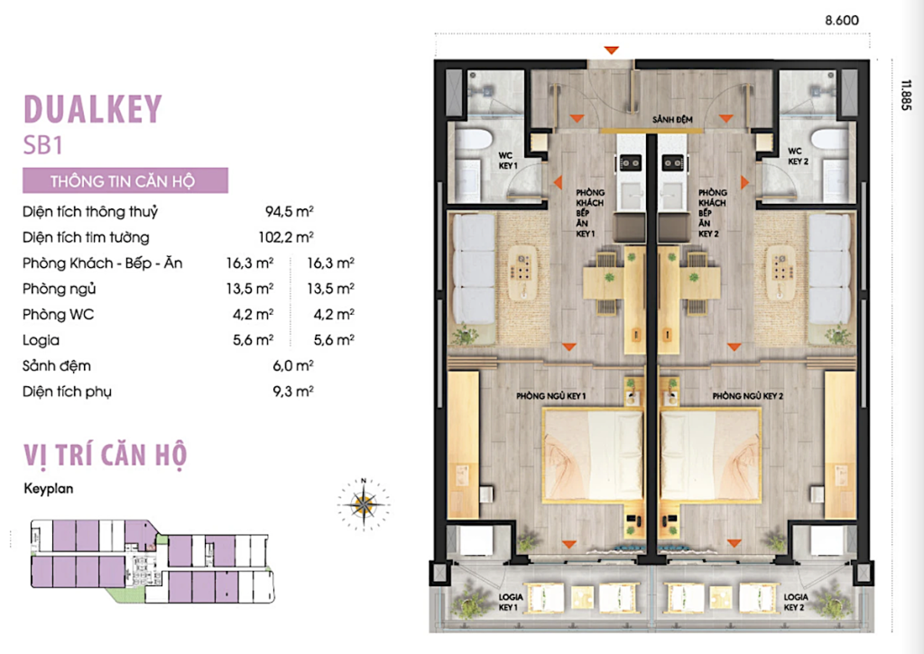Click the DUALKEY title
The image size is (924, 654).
[93, 109]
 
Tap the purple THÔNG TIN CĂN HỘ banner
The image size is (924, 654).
[125, 180]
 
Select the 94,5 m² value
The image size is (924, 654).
[289, 211]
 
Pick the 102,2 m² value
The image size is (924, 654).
[286, 237]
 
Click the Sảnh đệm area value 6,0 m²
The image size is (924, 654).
[293, 366]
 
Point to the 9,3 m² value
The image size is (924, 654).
[293, 391]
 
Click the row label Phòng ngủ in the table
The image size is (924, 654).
[59, 290]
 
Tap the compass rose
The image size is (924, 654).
[364, 504]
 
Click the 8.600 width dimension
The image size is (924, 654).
[842, 20]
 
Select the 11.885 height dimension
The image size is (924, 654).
[906, 96]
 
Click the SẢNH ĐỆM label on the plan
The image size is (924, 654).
[672, 120]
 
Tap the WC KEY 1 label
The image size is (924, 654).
[507, 161]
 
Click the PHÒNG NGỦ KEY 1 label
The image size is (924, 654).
[551, 396]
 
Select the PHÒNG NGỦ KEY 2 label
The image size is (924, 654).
[747, 396]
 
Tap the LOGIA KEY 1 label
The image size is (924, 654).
[509, 603]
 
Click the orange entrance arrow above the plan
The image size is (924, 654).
[611, 51]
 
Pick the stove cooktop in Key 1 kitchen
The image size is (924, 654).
[629, 162]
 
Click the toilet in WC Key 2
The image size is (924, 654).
[827, 140]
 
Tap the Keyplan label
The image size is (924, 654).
[49, 488]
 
